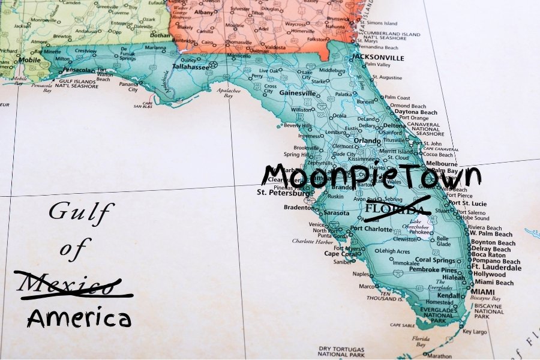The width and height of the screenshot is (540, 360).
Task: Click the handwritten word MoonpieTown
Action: pos(371,174)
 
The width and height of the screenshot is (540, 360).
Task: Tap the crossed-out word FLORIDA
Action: pos(398,208)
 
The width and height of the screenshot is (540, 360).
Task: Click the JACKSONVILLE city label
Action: pos(378,58)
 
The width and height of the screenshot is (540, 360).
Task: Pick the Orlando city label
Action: pos(367,141)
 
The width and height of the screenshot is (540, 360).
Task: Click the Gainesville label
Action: pos(297,94)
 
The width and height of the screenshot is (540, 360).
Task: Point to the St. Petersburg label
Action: pos(282,193)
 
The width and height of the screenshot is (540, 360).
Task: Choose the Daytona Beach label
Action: pos(416,112)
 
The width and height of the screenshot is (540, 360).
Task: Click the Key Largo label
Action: pos(475,331)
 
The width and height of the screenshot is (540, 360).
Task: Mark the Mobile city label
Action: pos(29,60)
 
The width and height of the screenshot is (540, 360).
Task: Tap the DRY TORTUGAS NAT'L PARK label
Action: pos(341,351)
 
